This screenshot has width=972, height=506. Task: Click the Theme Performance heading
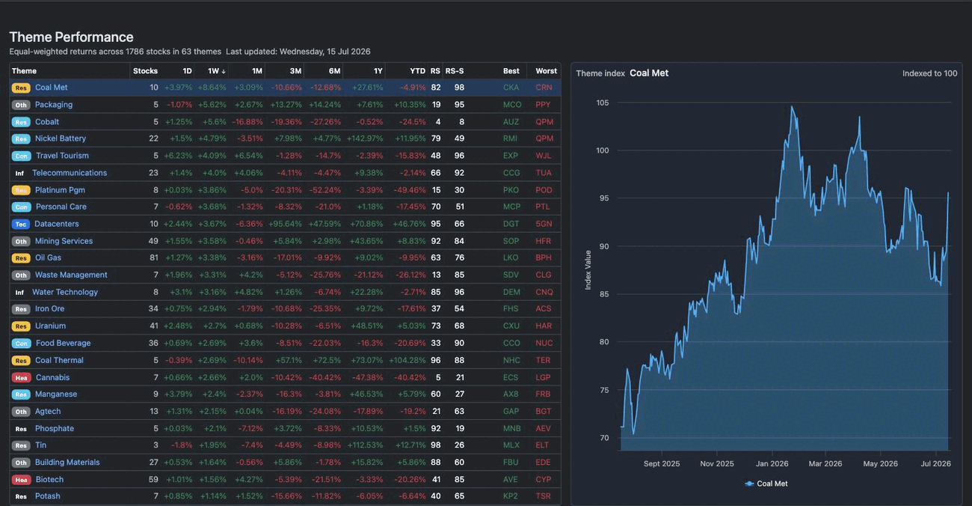(x=71, y=37)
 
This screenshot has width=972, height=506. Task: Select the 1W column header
(x=216, y=71)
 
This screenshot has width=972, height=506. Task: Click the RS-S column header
(x=455, y=71)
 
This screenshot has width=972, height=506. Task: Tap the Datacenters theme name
(x=56, y=224)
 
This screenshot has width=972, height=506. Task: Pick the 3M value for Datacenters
(x=285, y=224)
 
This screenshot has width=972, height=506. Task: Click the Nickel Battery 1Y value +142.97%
(x=365, y=138)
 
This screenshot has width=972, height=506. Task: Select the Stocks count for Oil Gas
(x=153, y=257)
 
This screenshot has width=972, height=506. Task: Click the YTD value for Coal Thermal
(x=407, y=360)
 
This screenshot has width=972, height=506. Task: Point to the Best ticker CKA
(x=511, y=88)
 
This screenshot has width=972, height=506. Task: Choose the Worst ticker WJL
(x=544, y=156)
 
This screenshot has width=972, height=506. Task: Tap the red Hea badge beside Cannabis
(x=21, y=377)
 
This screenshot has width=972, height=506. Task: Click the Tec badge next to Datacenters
(x=21, y=224)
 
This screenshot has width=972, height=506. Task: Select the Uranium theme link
(x=50, y=326)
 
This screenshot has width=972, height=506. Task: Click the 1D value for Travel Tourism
(x=178, y=156)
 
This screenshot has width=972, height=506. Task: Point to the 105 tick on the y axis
(x=603, y=103)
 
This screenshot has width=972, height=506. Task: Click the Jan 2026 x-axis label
(x=772, y=463)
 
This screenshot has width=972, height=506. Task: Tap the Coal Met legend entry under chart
(x=766, y=484)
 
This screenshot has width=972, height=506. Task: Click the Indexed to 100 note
(x=929, y=73)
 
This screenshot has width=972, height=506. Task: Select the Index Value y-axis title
(x=588, y=270)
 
